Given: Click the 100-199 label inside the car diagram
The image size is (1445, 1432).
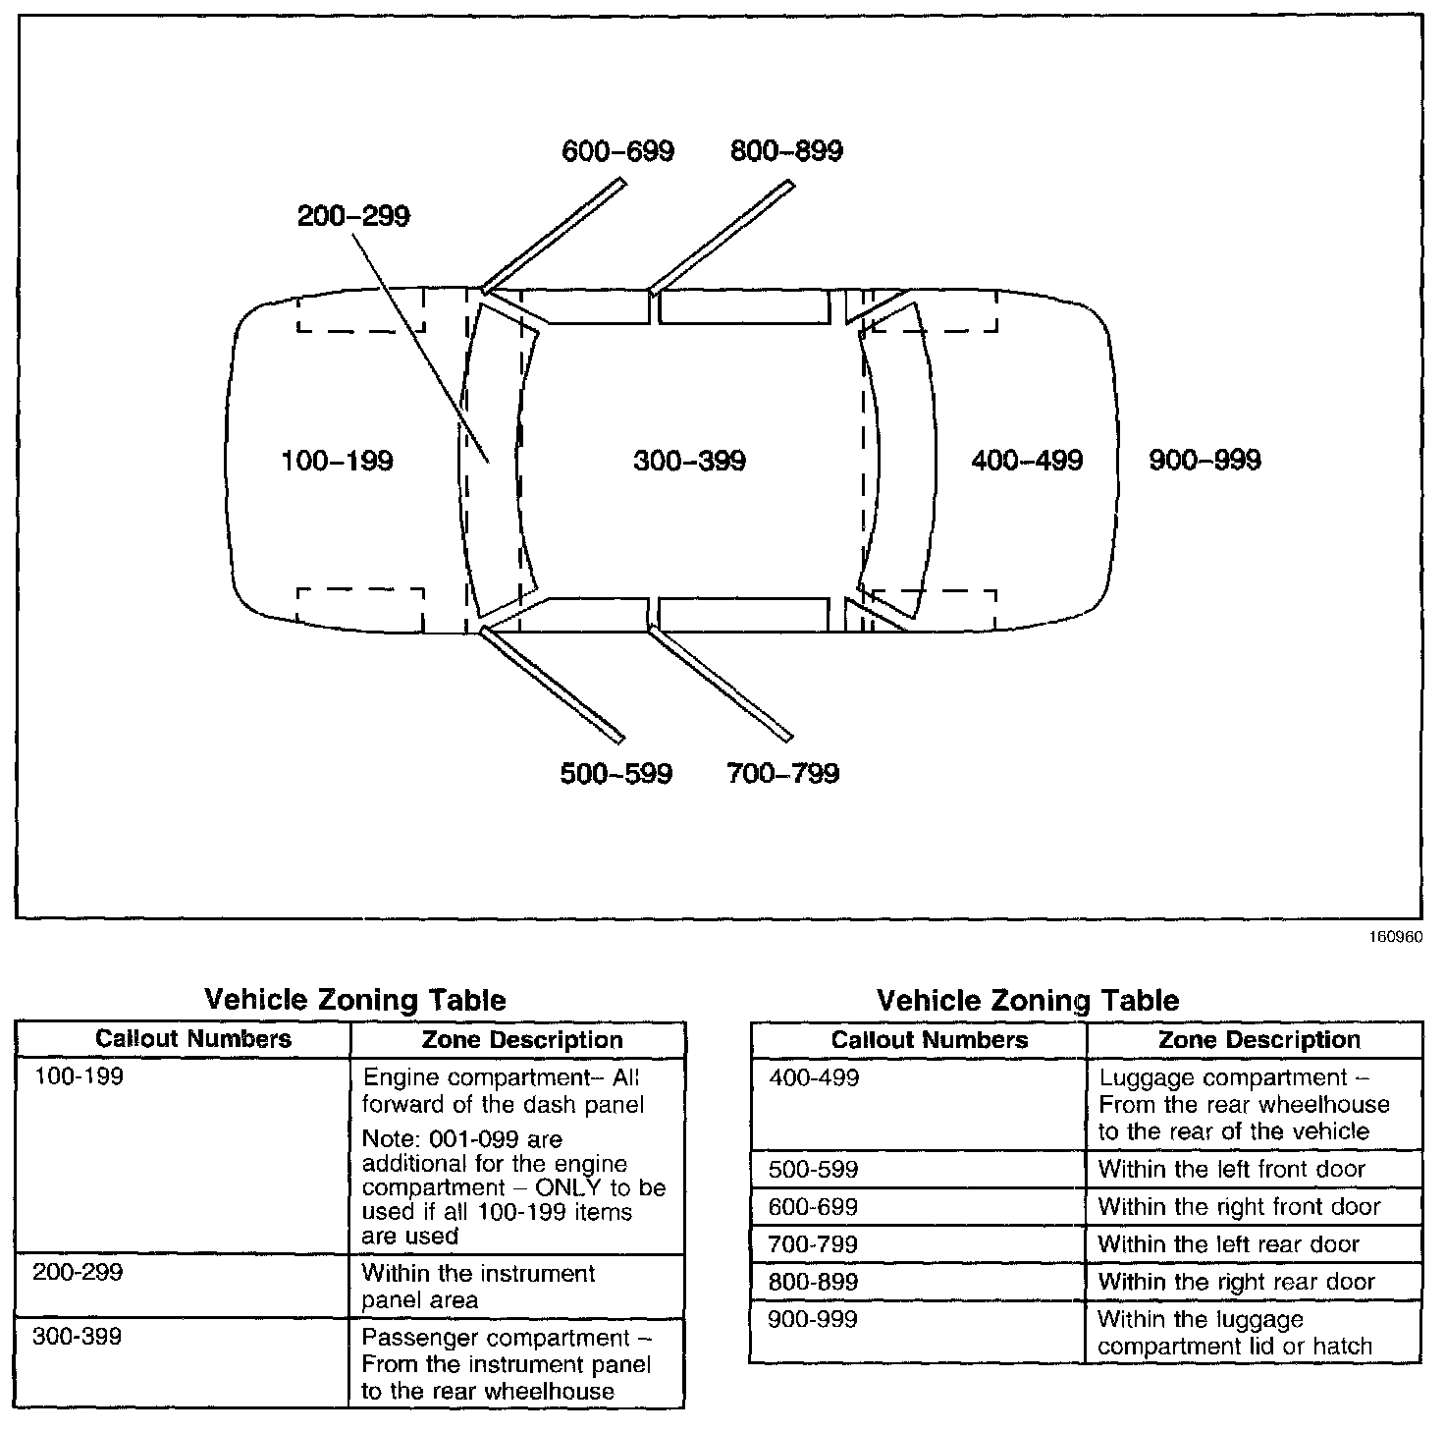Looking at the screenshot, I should point(337,461).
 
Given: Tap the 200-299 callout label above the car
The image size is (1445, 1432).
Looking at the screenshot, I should point(353,216).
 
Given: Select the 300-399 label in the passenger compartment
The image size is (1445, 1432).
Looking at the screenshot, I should point(689,461).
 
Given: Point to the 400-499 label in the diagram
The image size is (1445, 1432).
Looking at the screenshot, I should point(1026,461).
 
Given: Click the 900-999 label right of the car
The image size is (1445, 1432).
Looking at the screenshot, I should point(1204,461).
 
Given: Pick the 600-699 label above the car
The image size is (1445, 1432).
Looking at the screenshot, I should point(617,151).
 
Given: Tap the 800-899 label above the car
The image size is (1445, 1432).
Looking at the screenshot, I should point(786,151).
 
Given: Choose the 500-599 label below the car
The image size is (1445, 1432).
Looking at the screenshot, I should point(616,774).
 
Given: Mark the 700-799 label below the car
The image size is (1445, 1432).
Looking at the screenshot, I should point(783,774).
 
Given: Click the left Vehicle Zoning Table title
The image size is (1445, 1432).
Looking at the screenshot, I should point(354,1001).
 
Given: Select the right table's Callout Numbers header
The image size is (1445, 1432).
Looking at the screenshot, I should point(929,1040).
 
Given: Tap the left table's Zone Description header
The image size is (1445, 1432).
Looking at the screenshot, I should point(521,1040).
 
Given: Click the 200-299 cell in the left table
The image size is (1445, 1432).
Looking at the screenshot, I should point(79,1273).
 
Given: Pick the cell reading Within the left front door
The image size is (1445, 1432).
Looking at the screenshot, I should point(1231,1169).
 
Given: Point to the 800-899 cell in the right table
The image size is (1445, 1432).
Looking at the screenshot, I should point(814,1282).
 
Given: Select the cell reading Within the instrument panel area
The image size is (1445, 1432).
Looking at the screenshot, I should point(478,1287).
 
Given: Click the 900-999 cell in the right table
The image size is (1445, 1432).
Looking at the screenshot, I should point(814,1319).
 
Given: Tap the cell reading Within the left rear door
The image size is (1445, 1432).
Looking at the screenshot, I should point(1228,1244).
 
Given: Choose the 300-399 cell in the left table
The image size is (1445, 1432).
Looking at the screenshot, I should point(79,1337).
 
